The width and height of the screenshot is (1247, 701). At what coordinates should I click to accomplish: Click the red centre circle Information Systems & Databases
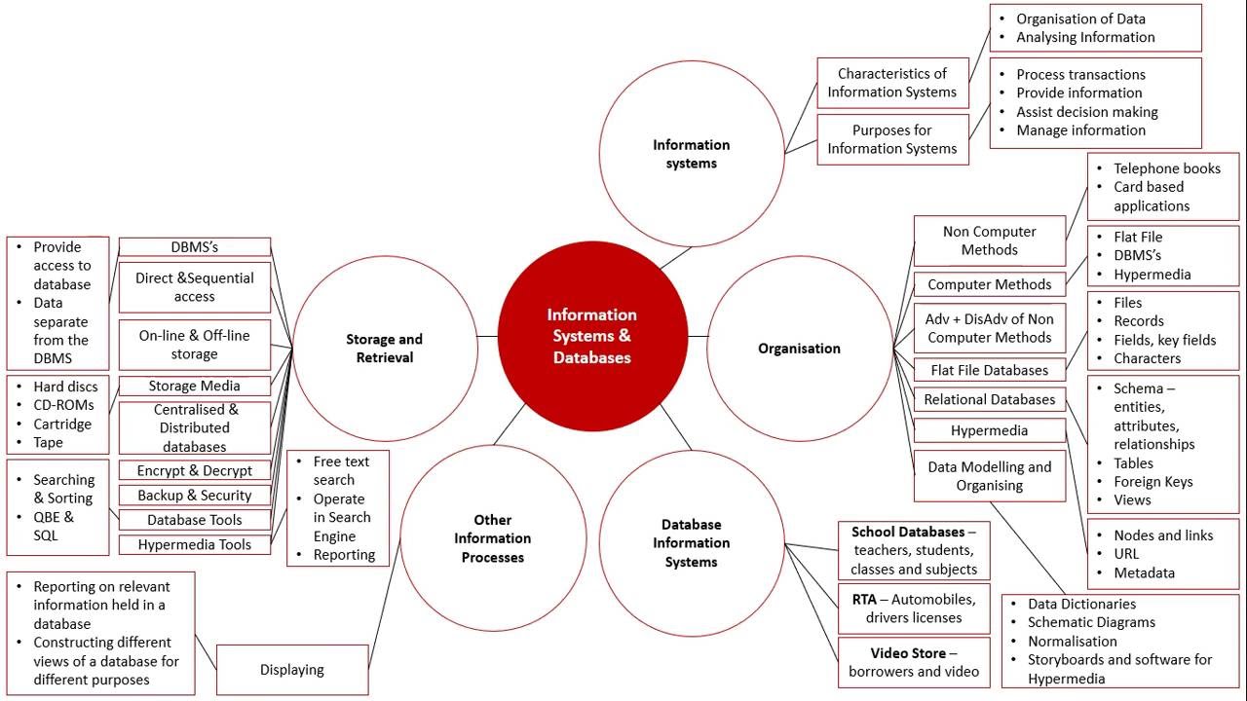point(591,336)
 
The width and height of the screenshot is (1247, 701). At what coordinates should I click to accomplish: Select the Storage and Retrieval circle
point(385,349)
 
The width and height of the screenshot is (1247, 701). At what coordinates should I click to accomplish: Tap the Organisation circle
point(799,349)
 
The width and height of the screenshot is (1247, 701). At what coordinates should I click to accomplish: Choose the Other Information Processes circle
point(493,537)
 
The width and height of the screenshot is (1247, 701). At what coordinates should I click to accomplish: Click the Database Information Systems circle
point(692,543)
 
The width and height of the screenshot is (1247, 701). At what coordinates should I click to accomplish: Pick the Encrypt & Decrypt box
point(195,470)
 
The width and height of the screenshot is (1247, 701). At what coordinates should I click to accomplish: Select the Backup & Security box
point(195,496)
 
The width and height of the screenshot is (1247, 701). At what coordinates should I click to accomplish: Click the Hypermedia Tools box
point(195,544)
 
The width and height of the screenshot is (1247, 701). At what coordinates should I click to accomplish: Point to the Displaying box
point(292,669)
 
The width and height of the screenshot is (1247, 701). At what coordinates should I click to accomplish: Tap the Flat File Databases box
point(990,370)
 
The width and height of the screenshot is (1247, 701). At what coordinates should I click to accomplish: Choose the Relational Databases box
point(990,399)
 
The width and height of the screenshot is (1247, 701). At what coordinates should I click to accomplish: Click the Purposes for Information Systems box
point(892,139)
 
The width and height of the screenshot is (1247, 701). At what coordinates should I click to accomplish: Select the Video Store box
point(914,662)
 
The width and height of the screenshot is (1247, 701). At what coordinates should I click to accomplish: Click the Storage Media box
point(195,386)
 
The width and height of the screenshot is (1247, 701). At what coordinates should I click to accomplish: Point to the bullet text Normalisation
point(1073,641)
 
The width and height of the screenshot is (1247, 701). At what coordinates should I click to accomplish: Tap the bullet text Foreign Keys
point(1153,481)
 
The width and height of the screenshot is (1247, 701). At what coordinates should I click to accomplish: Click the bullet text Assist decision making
point(1087,111)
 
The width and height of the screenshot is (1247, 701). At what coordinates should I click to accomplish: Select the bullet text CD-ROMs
point(64,405)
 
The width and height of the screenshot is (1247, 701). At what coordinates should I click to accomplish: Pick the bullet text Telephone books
point(1167,168)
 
